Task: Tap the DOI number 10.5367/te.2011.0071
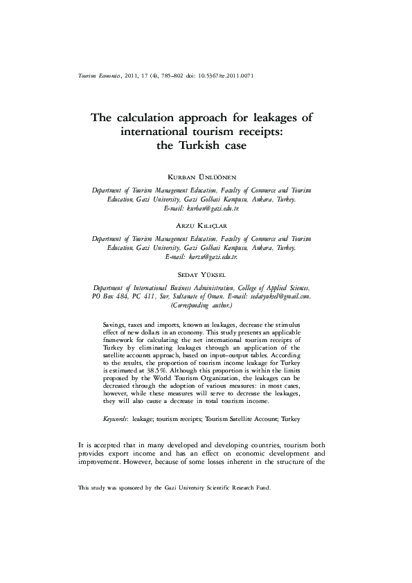coord(223,75)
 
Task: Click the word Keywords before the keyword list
coord(114,420)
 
